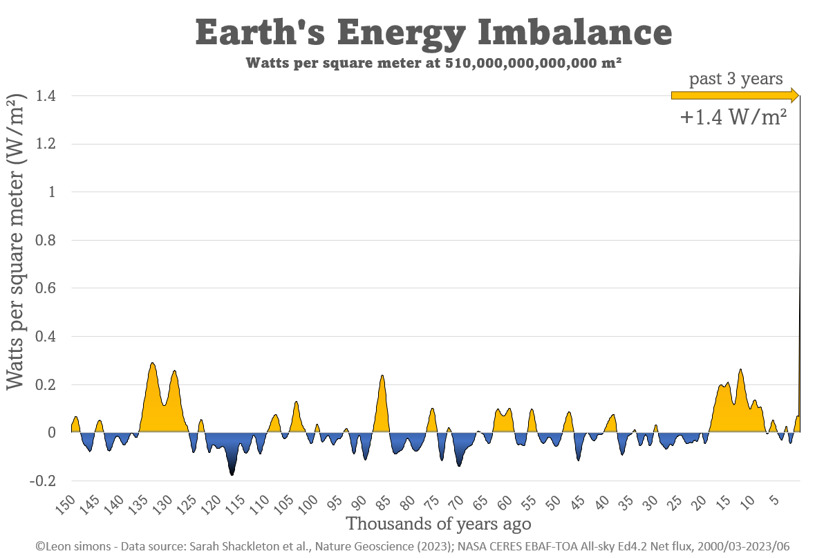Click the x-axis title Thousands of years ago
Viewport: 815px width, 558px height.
438,523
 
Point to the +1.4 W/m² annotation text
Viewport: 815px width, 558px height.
733,118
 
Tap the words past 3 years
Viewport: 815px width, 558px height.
736,78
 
